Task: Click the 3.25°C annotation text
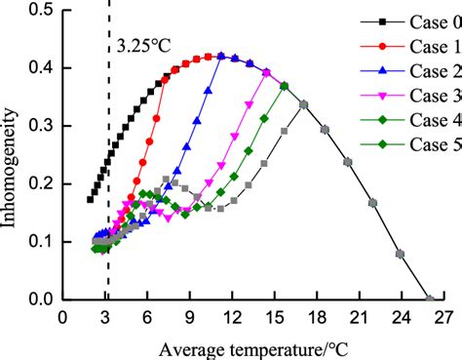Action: tap(138, 45)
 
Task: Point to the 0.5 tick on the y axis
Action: tap(41, 11)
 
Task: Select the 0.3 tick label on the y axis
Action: tap(41, 126)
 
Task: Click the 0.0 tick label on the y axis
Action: tap(41, 300)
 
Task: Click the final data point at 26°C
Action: tap(429, 299)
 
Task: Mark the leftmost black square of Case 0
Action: tap(91, 199)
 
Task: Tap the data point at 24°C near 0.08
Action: tap(401, 254)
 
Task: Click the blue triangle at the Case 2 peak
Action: tap(221, 57)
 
